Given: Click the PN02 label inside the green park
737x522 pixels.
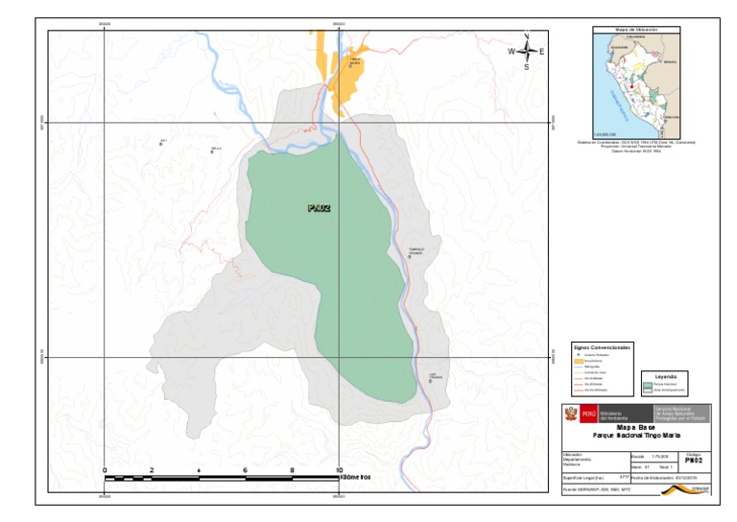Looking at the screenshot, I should point(319,207).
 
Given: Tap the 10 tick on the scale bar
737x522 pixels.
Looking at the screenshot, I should point(339,469).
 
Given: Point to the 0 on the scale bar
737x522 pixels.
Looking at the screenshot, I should point(104,469).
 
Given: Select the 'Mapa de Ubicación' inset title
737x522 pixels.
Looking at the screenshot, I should point(634,31).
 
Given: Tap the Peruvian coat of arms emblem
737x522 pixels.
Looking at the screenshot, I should point(567,414).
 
